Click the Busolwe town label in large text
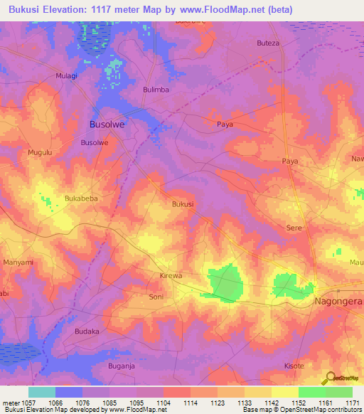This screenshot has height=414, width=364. [x=107, y=124]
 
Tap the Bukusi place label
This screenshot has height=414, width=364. [x=183, y=203]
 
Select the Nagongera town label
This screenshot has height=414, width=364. [x=338, y=302]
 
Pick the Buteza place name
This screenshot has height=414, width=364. [x=268, y=43]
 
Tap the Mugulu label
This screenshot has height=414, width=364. [x=40, y=152]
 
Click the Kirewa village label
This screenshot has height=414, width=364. [x=171, y=275]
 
